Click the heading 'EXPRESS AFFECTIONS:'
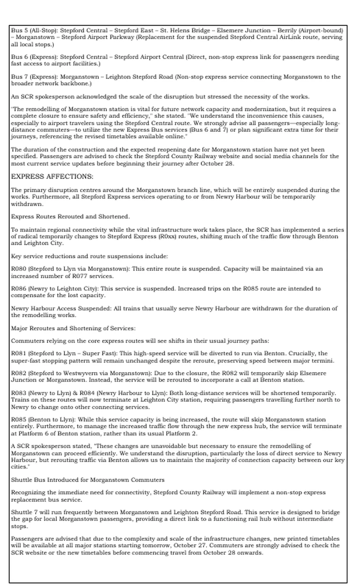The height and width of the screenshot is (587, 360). pos(52,176)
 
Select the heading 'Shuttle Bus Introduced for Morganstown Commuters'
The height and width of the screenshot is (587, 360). pos(88,479)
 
